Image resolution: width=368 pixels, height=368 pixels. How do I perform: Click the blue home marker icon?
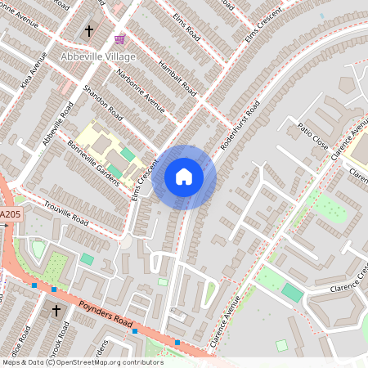pos(184,176)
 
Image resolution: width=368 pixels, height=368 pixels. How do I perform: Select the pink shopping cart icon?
pos(120,38)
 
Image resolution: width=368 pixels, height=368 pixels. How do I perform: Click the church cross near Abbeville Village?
pos(89,32)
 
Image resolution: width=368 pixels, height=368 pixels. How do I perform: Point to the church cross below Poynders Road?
pos(56,311)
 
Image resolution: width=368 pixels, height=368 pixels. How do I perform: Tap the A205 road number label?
pos(10,214)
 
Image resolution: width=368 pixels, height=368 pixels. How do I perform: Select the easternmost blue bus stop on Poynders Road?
pos(177,342)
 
